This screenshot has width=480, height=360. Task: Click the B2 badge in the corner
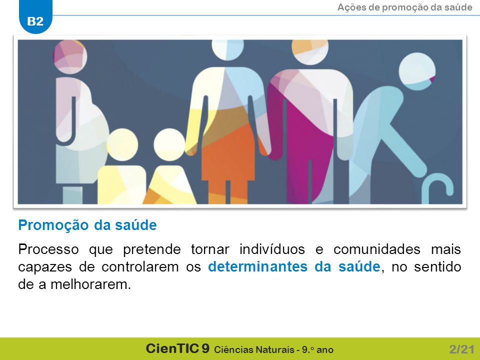[x=35, y=18]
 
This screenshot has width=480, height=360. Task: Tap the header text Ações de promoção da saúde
[x=404, y=7]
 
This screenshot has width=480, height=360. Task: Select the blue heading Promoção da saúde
[x=87, y=225]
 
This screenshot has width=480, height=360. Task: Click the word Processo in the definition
[x=48, y=249]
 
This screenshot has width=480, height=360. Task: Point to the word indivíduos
[x=272, y=249]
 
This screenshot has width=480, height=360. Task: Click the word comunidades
[x=377, y=249]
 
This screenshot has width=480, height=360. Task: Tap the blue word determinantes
[x=258, y=266]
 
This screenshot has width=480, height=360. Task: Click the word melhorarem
[x=90, y=284]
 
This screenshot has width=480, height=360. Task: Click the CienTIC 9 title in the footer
[x=177, y=348]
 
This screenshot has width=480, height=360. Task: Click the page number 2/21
[x=461, y=349]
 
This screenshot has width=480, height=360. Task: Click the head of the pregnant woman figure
[x=70, y=57]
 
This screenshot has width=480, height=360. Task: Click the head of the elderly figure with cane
[x=417, y=71]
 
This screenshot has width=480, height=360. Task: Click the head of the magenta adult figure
[x=310, y=51]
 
